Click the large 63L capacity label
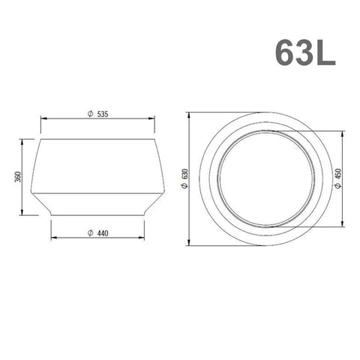click(x=305, y=52)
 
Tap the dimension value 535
click(x=103, y=114)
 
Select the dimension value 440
click(x=103, y=233)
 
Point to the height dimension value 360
click(x=19, y=177)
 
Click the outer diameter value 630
click(x=185, y=174)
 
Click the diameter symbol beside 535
click(x=90, y=114)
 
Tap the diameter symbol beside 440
click(x=90, y=233)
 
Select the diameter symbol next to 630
click(x=185, y=186)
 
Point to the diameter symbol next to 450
click(x=338, y=186)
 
